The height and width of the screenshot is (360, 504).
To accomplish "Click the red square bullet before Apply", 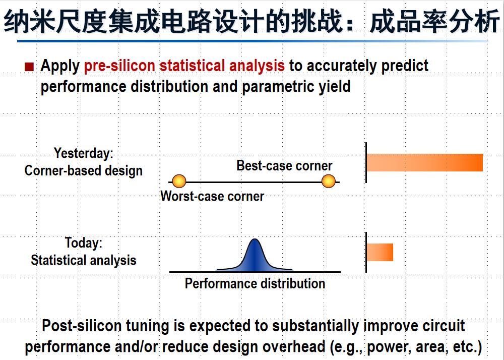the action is [x=29, y=67].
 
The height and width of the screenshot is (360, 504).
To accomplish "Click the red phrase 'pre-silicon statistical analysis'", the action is [x=184, y=66].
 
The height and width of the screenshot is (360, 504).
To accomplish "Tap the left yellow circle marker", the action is [x=179, y=182].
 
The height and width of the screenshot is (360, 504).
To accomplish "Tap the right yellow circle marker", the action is [x=329, y=182].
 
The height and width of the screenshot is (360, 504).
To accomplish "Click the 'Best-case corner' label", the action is [x=284, y=166].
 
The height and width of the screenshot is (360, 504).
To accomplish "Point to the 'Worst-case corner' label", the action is [x=212, y=196].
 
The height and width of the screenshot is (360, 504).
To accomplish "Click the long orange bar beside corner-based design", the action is [x=425, y=163].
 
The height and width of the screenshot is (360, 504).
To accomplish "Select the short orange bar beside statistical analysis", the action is [x=380, y=252].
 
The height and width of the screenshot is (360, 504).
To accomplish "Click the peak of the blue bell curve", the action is [x=255, y=239].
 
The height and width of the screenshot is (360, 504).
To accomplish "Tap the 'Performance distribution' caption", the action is [x=255, y=283].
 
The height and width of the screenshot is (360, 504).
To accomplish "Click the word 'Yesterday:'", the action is [x=84, y=153].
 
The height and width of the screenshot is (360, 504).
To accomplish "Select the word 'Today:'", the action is [x=84, y=243].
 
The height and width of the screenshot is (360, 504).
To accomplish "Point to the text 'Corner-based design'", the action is [x=84, y=171].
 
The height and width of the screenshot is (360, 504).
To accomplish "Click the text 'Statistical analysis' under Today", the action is [x=84, y=260].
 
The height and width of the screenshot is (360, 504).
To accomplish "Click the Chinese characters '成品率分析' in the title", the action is [x=434, y=21].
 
